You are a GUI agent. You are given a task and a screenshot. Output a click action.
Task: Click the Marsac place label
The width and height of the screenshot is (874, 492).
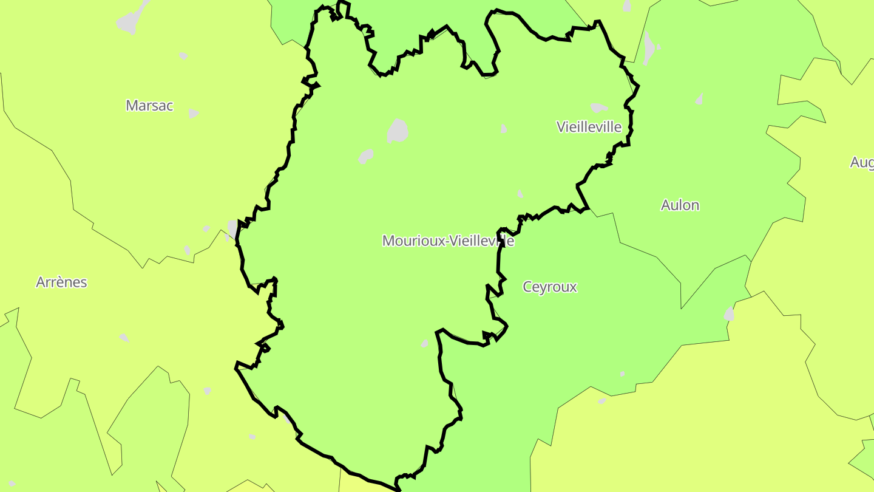click(x=149, y=106)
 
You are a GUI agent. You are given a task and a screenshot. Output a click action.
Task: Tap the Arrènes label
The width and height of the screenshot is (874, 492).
click(x=61, y=282)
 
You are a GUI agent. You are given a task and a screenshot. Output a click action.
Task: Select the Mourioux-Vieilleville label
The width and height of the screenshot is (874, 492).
click(x=448, y=241)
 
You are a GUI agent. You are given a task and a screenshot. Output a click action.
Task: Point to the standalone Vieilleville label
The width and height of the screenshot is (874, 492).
click(x=589, y=127)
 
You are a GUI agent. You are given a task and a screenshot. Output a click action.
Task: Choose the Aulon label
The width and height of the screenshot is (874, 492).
click(x=680, y=205)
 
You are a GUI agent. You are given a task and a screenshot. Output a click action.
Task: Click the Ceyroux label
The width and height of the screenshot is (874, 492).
click(x=549, y=287)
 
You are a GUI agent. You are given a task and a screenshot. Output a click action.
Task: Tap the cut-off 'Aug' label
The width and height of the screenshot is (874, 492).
click(x=862, y=162)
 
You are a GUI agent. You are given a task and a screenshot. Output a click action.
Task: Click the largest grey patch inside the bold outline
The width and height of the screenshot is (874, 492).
click(x=398, y=131)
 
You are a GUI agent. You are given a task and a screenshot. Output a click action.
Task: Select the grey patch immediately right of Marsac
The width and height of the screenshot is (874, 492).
click(x=193, y=114)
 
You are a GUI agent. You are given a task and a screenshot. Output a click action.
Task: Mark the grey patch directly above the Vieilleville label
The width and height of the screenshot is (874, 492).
click(x=598, y=108)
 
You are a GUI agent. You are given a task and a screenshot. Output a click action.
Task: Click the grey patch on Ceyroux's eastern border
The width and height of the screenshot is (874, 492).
click(x=729, y=314)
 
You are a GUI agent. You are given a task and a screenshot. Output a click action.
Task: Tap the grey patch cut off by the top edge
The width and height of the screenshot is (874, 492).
click(x=627, y=5)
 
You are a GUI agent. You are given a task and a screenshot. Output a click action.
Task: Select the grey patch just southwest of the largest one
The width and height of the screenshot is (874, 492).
click(x=365, y=156)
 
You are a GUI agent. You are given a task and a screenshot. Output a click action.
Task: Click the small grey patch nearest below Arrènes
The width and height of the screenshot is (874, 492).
click(x=124, y=338)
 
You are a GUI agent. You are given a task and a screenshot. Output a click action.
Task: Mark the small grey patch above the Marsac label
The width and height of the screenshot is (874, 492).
click(x=183, y=56)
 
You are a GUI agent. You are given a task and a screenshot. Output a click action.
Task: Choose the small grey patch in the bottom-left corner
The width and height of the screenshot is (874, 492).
click(x=12, y=483)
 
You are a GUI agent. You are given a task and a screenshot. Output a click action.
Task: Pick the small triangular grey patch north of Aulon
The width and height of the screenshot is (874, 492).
click(x=700, y=99)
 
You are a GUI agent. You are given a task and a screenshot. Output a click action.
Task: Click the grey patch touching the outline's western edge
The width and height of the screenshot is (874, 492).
click(x=232, y=228)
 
